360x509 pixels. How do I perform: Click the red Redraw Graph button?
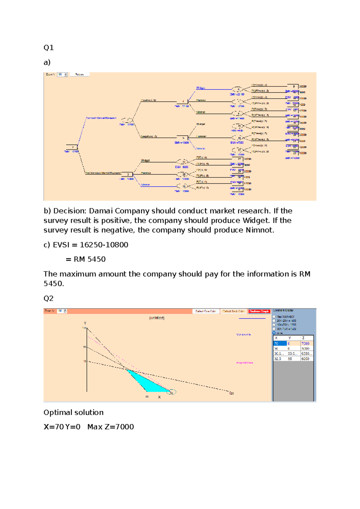click(259, 311)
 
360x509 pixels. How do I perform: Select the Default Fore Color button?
click(206, 311)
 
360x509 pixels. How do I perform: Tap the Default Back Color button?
click(234, 311)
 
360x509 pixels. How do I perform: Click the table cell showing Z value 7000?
click(306, 344)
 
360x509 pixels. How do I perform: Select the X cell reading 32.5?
click(278, 359)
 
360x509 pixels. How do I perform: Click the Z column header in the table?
click(304, 338)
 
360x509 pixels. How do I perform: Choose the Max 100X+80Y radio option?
click(274, 317)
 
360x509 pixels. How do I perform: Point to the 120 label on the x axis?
click(231, 393)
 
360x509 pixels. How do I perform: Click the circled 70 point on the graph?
click(172, 392)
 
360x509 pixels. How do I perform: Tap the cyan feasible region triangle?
click(147, 383)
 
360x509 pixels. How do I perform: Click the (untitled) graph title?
click(157, 318)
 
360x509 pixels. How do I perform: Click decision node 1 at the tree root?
click(72, 147)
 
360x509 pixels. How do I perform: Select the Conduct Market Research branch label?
click(101, 118)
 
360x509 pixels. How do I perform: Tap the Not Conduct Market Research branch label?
click(103, 173)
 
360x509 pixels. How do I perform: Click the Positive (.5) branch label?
click(148, 100)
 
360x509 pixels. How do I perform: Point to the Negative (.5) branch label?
click(149, 136)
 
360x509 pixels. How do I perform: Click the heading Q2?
click(49, 298)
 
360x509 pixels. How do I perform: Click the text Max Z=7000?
click(110, 427)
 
